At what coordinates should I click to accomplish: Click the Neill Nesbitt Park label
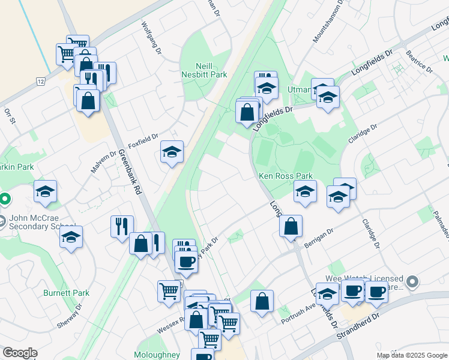(x=204, y=70)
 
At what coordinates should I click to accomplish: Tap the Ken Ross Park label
(x=286, y=176)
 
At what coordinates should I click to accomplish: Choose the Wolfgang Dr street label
(x=151, y=38)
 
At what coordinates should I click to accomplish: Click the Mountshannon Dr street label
(x=328, y=20)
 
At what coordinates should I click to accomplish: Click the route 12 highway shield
(x=40, y=81)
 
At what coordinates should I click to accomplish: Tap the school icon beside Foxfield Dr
(x=172, y=153)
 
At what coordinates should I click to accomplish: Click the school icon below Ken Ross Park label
(x=305, y=192)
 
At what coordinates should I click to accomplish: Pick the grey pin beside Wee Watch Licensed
(x=412, y=281)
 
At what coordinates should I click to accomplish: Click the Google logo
(x=20, y=353)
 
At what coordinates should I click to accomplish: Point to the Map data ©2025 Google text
(x=412, y=355)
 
